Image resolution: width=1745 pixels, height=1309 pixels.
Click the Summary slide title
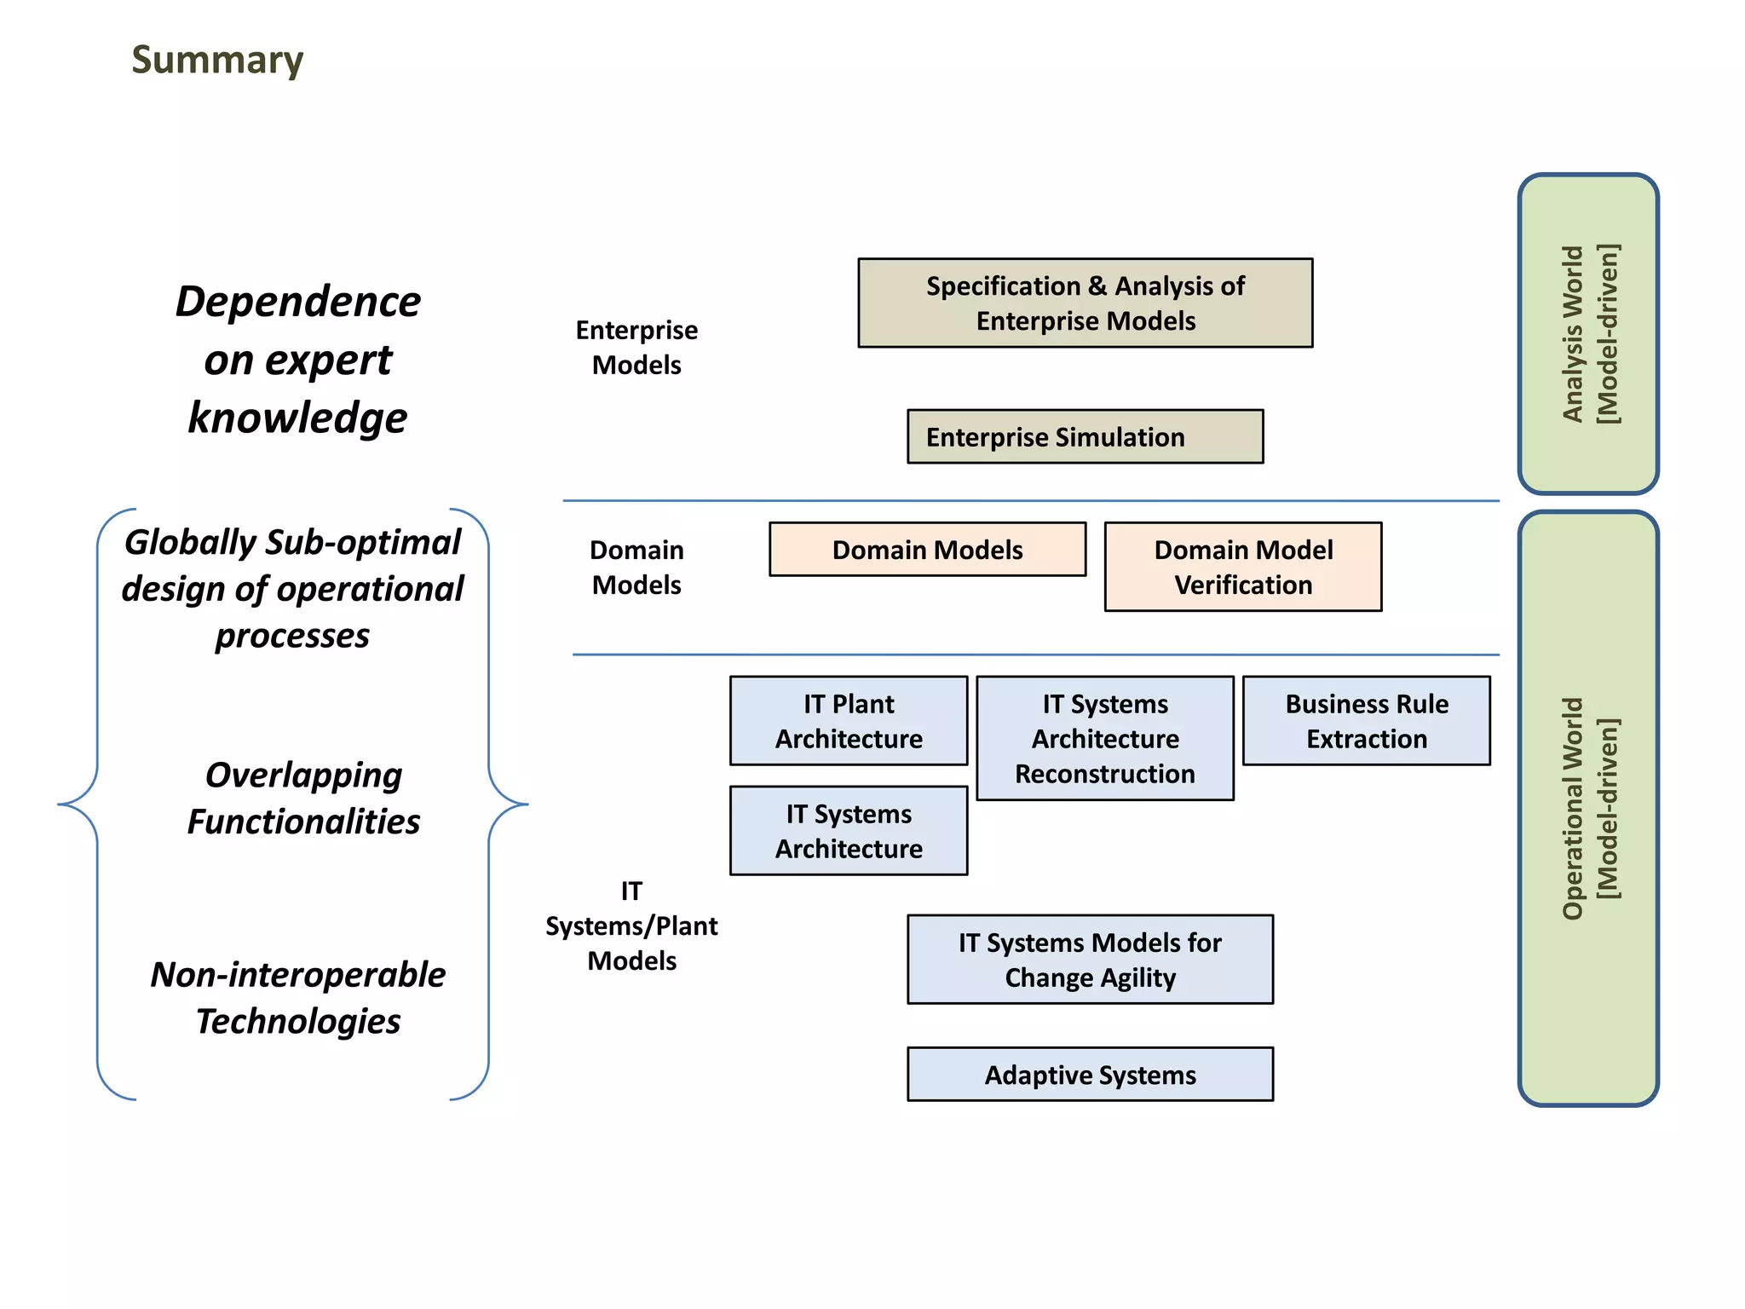point(217,61)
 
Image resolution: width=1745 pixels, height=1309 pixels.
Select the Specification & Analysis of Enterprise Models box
point(1085,303)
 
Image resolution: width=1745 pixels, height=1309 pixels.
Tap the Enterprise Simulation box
point(1085,437)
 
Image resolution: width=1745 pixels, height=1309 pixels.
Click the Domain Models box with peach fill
point(927,550)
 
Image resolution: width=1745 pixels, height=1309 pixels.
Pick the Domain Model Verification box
point(1242,567)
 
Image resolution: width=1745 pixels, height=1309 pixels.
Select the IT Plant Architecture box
point(849,721)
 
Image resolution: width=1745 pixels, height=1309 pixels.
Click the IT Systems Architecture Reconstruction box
point(1104,738)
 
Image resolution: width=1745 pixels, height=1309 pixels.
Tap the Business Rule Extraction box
point(1366,721)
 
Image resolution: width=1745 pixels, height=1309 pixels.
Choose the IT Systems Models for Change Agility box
point(1090,960)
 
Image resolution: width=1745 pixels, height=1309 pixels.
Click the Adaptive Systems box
point(1090,1075)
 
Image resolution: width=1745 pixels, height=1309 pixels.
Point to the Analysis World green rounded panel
point(1588,334)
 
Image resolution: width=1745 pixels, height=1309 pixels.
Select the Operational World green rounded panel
point(1588,808)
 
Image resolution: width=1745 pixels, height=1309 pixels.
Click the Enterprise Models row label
point(636,348)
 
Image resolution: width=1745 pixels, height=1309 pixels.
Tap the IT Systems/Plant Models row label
point(631,926)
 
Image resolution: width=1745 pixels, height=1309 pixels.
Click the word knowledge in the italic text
point(297,418)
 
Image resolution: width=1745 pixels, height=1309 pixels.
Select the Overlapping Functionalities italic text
point(303,799)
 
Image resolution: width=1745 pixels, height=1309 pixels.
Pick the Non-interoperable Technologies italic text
point(297,998)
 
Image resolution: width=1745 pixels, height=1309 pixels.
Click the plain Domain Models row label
point(636,568)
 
